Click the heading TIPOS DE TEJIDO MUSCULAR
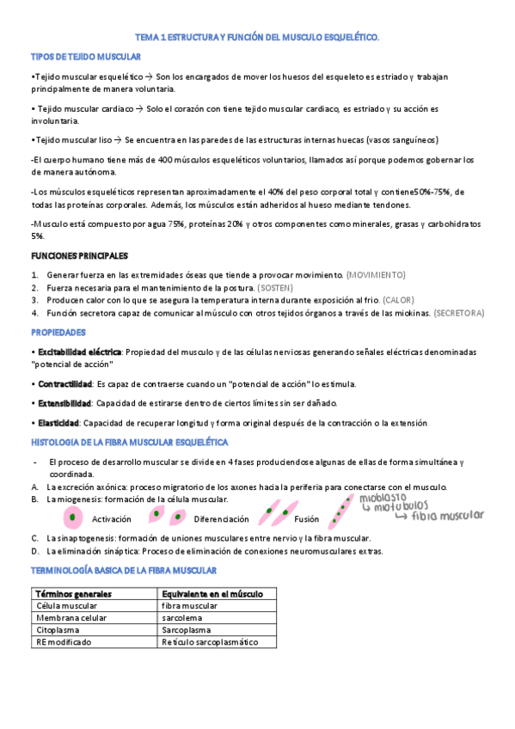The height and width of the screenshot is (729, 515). point(86,56)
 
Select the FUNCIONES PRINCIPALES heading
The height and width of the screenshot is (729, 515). point(79,256)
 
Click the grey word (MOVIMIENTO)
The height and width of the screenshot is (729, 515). point(375,274)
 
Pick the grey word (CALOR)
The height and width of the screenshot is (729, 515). point(402,300)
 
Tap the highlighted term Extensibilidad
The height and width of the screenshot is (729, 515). point(64,402)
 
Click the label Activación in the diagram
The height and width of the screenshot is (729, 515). point(111,519)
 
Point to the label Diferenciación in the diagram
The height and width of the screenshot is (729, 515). point(221,519)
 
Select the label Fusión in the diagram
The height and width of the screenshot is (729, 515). point(306,519)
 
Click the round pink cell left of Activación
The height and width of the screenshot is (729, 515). point(74,518)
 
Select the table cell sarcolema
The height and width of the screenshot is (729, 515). point(182,617)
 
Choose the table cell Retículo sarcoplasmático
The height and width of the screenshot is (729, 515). point(209,641)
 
